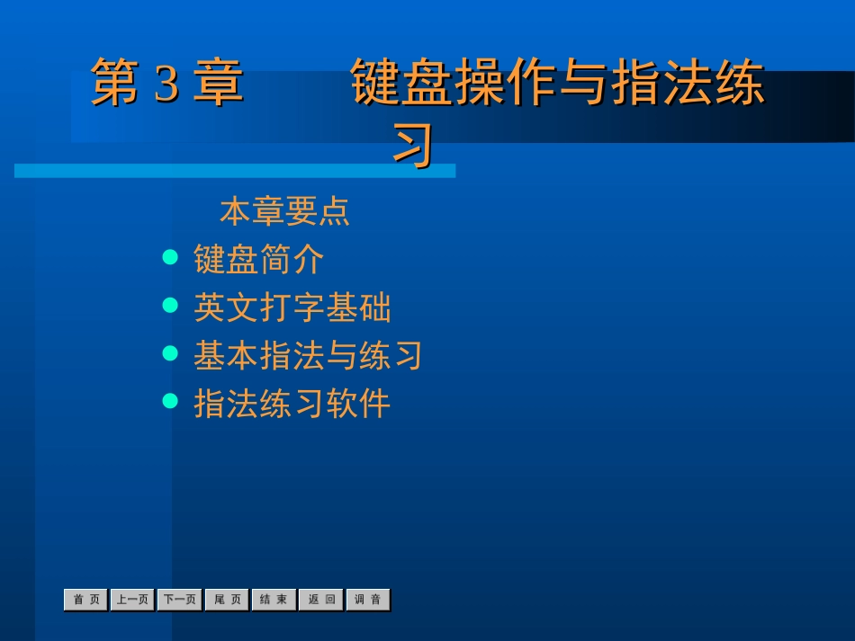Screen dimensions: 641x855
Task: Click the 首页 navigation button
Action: click(86, 600)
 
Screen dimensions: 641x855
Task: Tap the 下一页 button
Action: click(180, 600)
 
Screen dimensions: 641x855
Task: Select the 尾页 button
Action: click(227, 600)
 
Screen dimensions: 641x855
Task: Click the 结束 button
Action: click(274, 600)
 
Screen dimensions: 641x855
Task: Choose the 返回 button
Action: click(321, 600)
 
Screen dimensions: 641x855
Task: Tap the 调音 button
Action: click(368, 600)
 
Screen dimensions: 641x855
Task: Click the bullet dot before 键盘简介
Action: click(170, 258)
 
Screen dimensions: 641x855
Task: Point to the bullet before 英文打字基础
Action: click(170, 306)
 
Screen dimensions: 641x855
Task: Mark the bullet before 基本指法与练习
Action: click(170, 353)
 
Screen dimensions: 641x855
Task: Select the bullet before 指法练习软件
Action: click(170, 401)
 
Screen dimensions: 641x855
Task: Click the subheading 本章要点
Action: click(284, 213)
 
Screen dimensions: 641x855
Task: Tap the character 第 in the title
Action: click(118, 84)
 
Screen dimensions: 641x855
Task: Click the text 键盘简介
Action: click(259, 261)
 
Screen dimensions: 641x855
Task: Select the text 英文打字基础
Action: click(292, 308)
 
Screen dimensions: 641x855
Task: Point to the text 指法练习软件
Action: click(292, 404)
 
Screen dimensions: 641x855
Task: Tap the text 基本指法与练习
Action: click(308, 356)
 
